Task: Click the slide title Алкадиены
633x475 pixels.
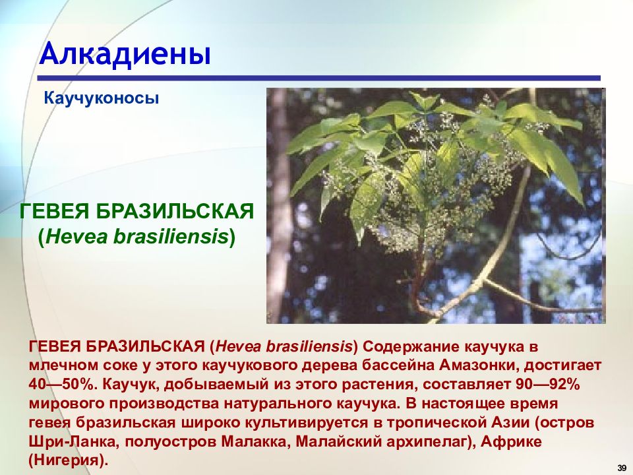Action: coord(125,53)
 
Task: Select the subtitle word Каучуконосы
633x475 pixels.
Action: coord(102,98)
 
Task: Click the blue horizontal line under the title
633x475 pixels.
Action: coord(319,79)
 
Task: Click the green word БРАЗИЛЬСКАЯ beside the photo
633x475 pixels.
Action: coord(175,211)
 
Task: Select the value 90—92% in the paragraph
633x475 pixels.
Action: coord(548,384)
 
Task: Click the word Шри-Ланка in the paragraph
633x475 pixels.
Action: coord(73,441)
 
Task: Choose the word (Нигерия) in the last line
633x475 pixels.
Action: coord(69,460)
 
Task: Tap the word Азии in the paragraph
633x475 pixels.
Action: coord(510,422)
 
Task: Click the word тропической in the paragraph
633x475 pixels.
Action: coord(437,423)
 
